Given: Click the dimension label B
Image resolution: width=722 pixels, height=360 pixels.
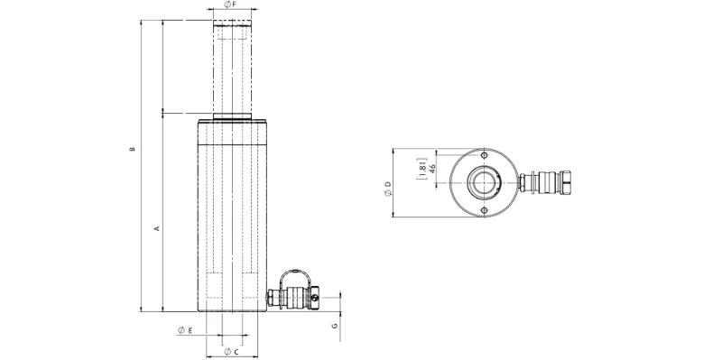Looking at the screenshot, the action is (132, 149).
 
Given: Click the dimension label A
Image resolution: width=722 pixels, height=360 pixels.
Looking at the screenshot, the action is (156, 228).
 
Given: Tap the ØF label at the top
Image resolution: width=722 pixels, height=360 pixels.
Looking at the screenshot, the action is (230, 5).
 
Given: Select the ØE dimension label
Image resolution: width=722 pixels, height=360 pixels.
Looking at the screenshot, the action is (185, 330).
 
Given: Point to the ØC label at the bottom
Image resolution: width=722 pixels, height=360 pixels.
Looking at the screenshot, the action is (231, 352).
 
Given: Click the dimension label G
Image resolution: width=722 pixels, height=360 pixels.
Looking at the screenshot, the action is (335, 326).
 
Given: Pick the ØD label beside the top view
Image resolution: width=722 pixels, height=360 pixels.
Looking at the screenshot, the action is (388, 189).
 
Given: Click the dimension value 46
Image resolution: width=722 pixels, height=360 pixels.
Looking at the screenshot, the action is (432, 168).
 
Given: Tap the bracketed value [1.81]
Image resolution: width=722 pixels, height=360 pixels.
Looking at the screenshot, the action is (421, 168).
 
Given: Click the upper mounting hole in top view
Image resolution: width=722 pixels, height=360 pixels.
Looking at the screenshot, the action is (484, 154).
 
